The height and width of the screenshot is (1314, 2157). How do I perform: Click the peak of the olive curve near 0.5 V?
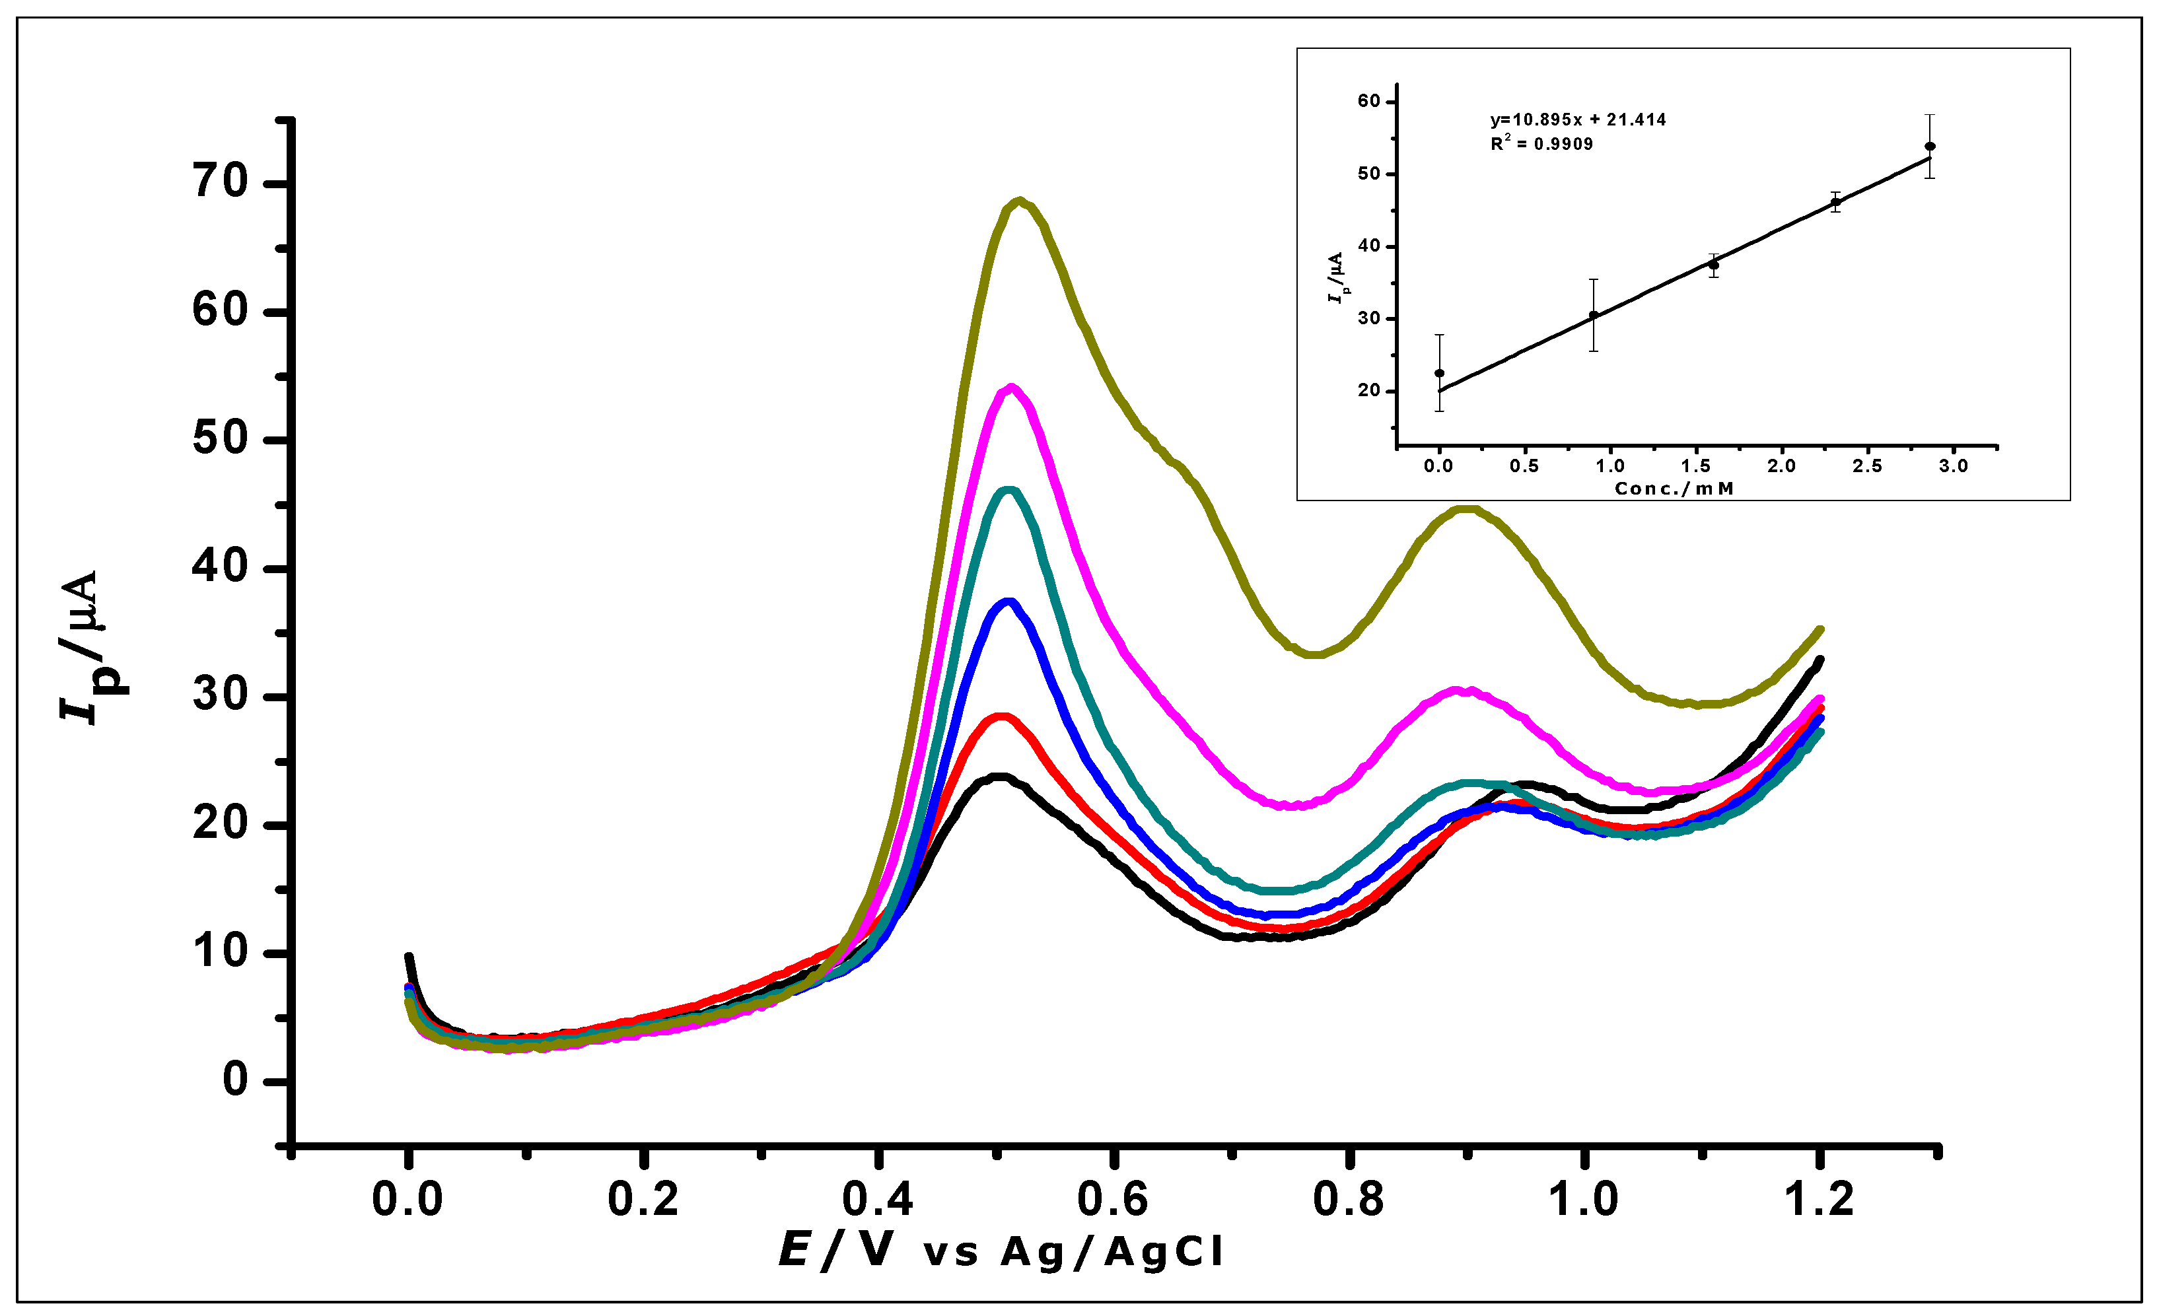[x=1019, y=202]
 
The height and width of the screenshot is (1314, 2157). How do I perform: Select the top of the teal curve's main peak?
[x=1008, y=491]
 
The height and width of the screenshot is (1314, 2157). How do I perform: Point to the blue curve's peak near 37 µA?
[x=1008, y=602]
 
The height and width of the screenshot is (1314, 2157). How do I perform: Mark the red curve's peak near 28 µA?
[x=1003, y=717]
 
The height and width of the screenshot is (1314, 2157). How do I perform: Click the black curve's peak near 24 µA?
[x=998, y=777]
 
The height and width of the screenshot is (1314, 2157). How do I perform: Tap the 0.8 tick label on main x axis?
[x=1348, y=1199]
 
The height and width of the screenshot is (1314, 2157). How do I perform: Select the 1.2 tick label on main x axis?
[x=1819, y=1199]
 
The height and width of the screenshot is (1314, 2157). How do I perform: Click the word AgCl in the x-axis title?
[x=1164, y=1252]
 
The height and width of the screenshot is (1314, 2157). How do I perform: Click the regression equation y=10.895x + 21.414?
[x=1578, y=120]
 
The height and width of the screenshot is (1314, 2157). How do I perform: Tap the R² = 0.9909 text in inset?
[x=1541, y=143]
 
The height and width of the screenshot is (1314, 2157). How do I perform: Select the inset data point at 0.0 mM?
[x=1439, y=373]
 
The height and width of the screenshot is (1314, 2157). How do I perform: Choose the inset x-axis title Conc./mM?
[x=1674, y=489]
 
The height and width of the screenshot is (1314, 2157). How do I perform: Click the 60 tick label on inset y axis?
[x=1368, y=102]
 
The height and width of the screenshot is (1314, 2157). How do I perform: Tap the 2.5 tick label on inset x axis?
[x=1867, y=466]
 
